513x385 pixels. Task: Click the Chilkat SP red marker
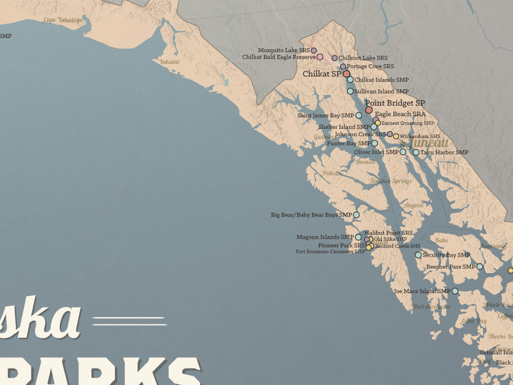pyautogui.click(x=346, y=74)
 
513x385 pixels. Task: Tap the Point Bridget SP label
pyautogui.click(x=394, y=103)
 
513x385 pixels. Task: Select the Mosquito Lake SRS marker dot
pyautogui.click(x=314, y=50)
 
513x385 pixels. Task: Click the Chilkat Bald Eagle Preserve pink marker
pyautogui.click(x=320, y=57)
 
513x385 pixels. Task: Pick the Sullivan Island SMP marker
pyautogui.click(x=350, y=91)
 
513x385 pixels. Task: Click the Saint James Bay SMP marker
pyautogui.click(x=359, y=115)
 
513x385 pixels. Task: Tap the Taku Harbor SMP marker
pyautogui.click(x=416, y=152)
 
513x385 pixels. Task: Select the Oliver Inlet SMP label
pyautogui.click(x=376, y=152)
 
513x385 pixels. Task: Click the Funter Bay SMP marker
pyautogui.click(x=374, y=143)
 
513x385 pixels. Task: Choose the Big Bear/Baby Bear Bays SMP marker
pyautogui.click(x=356, y=215)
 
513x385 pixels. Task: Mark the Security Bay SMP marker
pyautogui.click(x=418, y=255)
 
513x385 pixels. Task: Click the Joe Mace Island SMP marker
pyautogui.click(x=455, y=291)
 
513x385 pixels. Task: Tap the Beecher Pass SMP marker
pyautogui.click(x=480, y=267)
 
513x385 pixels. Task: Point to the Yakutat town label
pyautogui.click(x=169, y=62)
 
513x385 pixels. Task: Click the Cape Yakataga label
pyautogui.click(x=63, y=20)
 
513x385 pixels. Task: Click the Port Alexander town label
pyautogui.click(x=431, y=307)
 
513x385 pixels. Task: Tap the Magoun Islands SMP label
pyautogui.click(x=325, y=237)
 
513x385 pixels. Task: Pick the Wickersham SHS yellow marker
pyautogui.click(x=396, y=136)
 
